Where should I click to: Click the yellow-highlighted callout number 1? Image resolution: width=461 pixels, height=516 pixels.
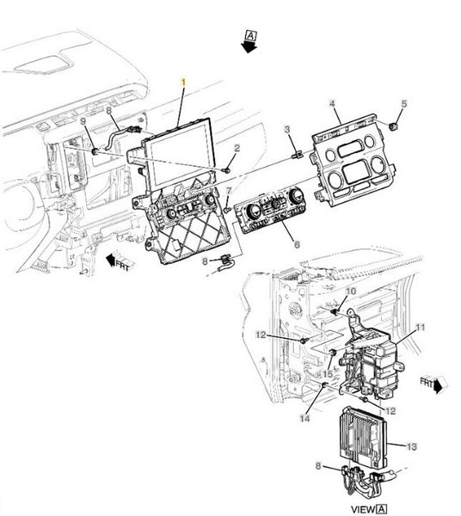(183, 83)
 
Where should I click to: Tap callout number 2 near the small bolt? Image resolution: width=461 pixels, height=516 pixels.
(237, 149)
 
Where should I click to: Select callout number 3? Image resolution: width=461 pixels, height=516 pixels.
(287, 130)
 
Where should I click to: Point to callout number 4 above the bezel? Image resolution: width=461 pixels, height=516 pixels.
(332, 104)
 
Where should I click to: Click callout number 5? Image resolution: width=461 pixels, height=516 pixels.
(404, 104)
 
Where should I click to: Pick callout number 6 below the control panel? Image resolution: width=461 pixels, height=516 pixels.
(297, 244)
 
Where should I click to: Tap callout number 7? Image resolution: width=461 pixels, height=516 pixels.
(230, 191)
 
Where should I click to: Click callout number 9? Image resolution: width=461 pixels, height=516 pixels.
(83, 121)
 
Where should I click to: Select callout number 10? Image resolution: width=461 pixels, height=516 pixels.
(351, 292)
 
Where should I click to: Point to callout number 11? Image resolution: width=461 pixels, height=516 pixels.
(421, 328)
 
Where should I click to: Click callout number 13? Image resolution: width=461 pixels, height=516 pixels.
(412, 447)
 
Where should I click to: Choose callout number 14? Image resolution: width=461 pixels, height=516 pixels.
(305, 419)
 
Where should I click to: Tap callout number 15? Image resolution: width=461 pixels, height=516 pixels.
(328, 374)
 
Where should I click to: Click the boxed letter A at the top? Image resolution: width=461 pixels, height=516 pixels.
(251, 35)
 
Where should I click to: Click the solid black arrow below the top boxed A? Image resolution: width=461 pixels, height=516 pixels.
(249, 47)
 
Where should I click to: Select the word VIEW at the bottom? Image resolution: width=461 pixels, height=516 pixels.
(363, 510)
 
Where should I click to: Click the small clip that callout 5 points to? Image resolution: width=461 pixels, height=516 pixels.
(392, 126)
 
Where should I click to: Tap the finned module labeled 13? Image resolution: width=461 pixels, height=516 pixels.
(362, 437)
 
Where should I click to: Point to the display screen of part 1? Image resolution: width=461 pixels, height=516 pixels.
(181, 156)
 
